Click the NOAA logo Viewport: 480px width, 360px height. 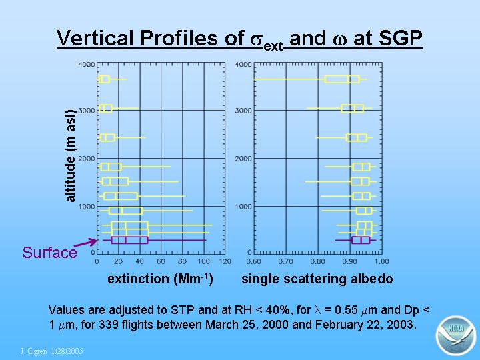(455, 335)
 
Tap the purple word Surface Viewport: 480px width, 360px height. (49, 253)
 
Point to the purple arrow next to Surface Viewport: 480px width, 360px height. (86, 243)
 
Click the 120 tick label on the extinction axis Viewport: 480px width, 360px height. (225, 261)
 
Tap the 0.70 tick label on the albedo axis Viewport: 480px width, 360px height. (285, 261)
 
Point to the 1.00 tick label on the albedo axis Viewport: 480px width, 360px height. (381, 261)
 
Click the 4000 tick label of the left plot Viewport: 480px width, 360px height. (87, 65)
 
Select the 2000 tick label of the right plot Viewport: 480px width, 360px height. (243, 159)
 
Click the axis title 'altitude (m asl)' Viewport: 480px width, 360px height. (70, 156)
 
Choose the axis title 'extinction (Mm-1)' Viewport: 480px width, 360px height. (160, 279)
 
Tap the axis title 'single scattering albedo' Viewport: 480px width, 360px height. (317, 279)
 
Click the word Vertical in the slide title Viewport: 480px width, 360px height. (96, 38)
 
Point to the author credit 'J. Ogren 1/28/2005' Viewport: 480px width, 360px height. (51, 351)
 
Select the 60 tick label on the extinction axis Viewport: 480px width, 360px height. (161, 261)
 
